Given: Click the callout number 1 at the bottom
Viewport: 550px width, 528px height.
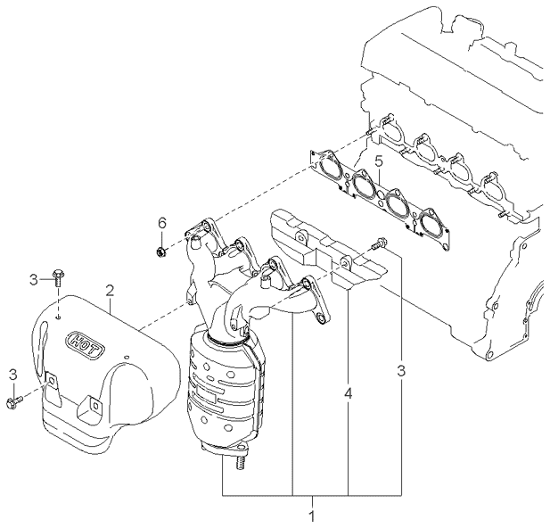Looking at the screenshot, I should (312, 515).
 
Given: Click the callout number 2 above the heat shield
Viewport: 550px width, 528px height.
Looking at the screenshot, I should (109, 290).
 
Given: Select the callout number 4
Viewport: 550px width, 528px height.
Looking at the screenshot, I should (348, 392).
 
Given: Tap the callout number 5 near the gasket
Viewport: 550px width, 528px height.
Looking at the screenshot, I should (378, 162).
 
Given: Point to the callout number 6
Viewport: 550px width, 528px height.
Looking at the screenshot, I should (161, 222).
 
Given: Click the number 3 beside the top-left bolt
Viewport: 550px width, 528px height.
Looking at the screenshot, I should (33, 279).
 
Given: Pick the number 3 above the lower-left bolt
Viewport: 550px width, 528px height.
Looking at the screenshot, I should (12, 373).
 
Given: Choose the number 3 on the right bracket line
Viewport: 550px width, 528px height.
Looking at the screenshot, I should (401, 368).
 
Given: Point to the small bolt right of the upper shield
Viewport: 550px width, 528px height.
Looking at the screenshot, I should (381, 241).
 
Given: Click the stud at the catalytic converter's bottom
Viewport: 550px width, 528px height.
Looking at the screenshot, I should (239, 462).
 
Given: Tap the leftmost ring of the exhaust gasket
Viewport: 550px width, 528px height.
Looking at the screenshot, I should (330, 166).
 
